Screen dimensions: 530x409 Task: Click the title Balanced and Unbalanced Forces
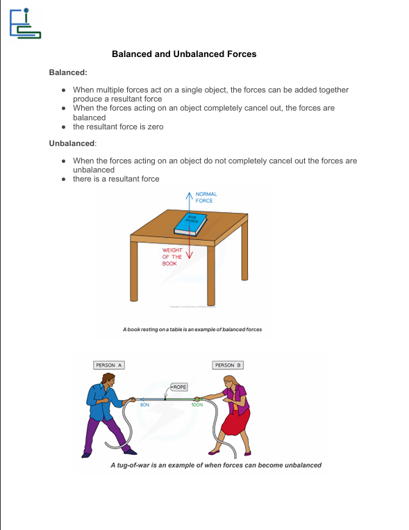(184, 54)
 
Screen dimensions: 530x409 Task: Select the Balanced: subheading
(68, 72)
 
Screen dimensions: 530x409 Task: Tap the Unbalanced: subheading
(73, 143)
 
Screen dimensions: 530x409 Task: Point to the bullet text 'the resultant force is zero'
(118, 127)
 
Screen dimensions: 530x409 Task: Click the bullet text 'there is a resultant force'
(116, 179)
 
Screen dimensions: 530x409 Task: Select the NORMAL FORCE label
(206, 197)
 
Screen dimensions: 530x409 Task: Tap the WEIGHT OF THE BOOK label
(172, 257)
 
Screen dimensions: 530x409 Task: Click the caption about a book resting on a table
(192, 329)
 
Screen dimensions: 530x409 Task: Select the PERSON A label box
(109, 365)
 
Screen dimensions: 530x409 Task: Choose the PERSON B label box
(228, 365)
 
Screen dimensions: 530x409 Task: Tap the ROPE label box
(179, 387)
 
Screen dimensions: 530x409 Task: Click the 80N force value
(144, 404)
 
